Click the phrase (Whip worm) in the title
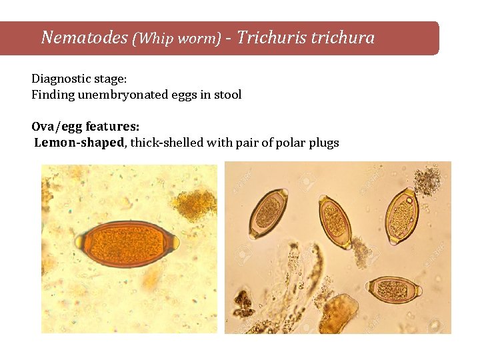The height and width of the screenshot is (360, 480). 177,38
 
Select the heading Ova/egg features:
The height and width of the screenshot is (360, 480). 85,126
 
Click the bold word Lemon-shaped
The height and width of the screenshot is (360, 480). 79,142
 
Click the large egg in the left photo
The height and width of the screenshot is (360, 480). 127,243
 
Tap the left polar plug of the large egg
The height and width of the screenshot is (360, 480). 81,241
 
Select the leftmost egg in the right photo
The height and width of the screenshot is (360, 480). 268,213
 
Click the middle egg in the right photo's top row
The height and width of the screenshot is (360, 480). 334,221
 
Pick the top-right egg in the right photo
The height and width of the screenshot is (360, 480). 403,215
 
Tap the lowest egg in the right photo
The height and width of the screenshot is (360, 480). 393,289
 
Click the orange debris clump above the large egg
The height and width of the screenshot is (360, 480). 194,204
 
